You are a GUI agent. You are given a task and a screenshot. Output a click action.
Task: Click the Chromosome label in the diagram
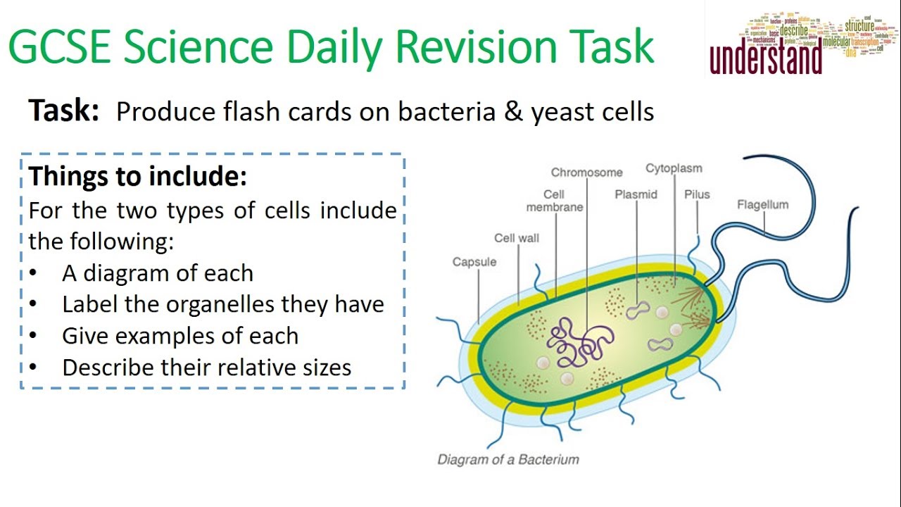586,173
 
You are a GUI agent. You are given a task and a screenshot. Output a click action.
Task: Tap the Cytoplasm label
674,169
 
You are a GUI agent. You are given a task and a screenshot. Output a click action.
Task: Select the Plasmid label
636,194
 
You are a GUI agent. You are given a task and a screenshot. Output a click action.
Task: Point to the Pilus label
697,194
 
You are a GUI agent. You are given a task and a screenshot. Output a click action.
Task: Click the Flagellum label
762,205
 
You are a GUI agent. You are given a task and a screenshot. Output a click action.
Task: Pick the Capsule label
474,262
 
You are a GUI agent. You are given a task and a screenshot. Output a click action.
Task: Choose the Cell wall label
516,238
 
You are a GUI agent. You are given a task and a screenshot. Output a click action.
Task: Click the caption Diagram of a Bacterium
508,460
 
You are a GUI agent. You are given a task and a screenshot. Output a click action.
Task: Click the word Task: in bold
63,111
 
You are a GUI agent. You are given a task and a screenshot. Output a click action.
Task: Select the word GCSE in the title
58,48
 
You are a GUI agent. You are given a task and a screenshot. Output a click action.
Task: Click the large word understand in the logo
765,61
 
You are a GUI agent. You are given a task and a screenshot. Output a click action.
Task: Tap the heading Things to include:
138,176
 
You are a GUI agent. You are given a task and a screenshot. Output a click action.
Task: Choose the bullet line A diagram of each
158,273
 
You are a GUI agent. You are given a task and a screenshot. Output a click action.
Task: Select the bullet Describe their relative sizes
206,367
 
